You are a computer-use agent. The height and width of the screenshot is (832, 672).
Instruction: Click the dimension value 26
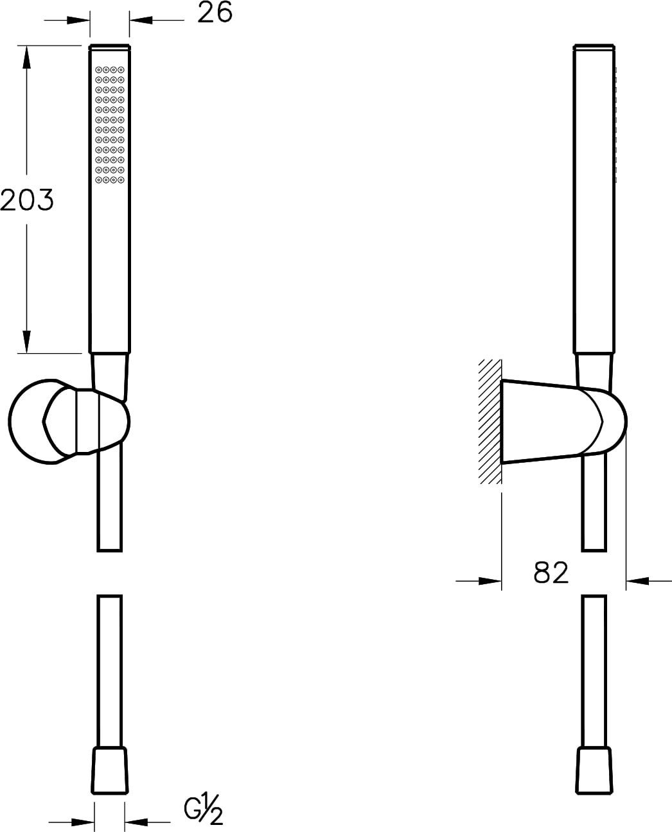click(x=215, y=12)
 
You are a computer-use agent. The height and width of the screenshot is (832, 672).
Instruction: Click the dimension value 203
click(x=26, y=200)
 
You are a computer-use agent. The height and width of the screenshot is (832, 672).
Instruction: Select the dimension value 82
click(x=551, y=573)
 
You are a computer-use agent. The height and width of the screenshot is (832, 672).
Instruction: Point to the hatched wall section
click(x=490, y=422)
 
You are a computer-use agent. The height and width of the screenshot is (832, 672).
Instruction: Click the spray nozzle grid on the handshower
click(x=110, y=125)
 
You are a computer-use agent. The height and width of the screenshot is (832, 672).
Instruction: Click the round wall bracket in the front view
click(x=69, y=422)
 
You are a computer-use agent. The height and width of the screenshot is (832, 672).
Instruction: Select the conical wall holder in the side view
click(x=563, y=422)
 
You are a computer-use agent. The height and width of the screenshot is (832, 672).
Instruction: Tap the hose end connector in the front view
click(x=110, y=770)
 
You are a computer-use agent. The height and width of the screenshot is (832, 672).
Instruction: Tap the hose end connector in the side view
click(x=594, y=770)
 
